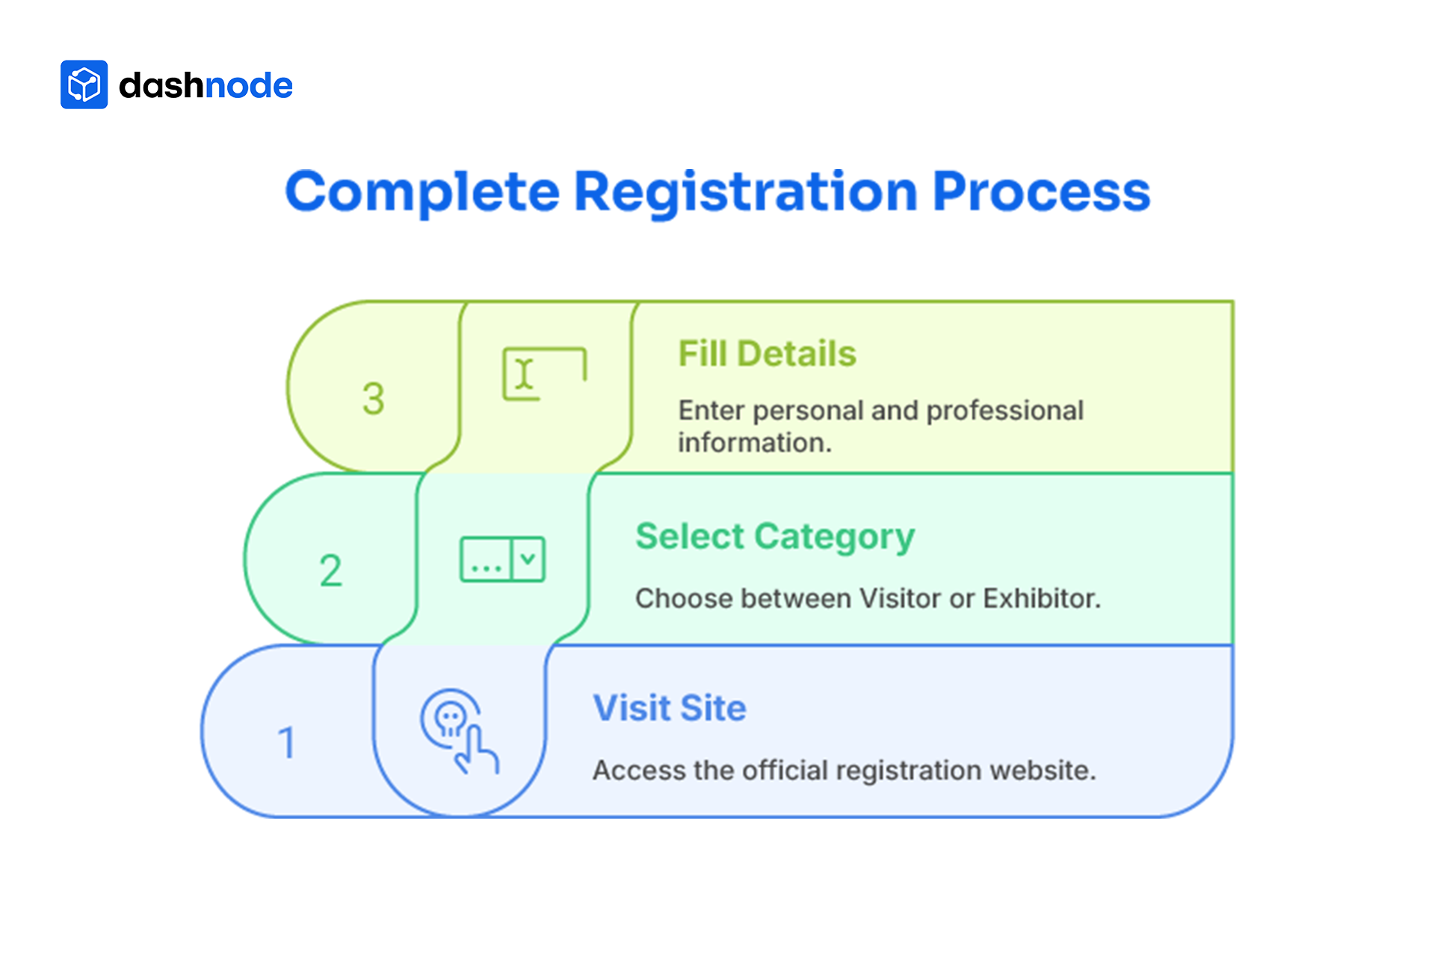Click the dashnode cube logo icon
pyautogui.click(x=84, y=84)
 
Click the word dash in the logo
pyautogui.click(x=161, y=85)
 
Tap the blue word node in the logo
pyautogui.click(x=248, y=85)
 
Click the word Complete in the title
pyautogui.click(x=422, y=192)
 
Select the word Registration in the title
pyautogui.click(x=745, y=192)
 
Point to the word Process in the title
pyautogui.click(x=1041, y=192)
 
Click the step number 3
pyautogui.click(x=373, y=399)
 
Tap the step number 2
pyautogui.click(x=330, y=570)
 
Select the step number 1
pyautogui.click(x=287, y=743)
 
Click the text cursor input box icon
pyautogui.click(x=544, y=374)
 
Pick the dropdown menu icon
pyautogui.click(x=502, y=558)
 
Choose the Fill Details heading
pyautogui.click(x=767, y=354)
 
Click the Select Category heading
pyautogui.click(x=775, y=537)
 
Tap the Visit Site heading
pyautogui.click(x=670, y=708)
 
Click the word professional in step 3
pyautogui.click(x=1004, y=410)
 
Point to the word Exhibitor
pyautogui.click(x=1041, y=598)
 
